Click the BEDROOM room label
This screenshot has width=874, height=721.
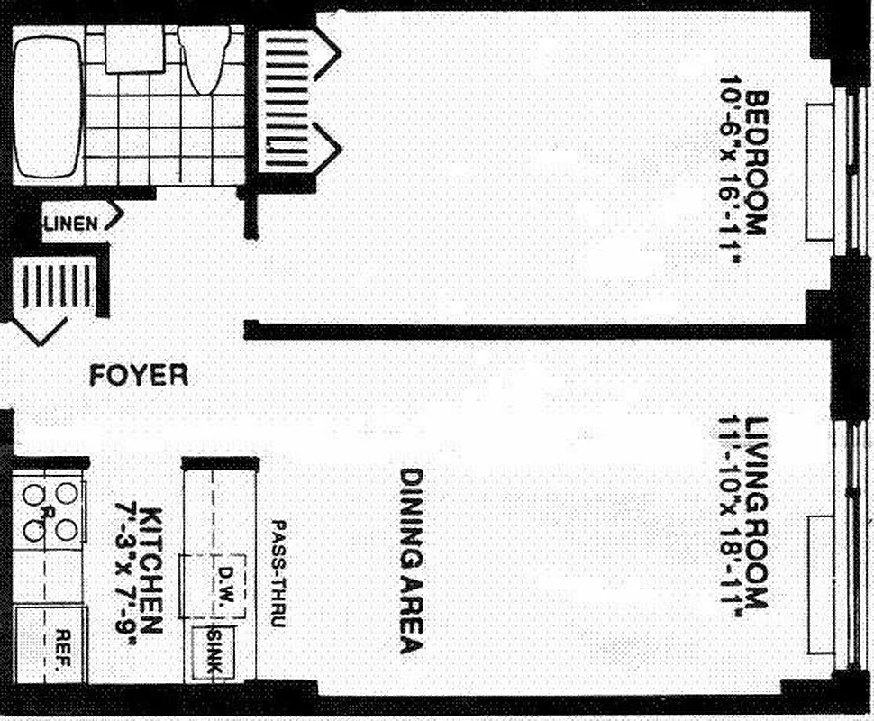755,162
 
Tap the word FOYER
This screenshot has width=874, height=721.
139,375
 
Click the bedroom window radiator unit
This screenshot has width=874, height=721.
819,172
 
